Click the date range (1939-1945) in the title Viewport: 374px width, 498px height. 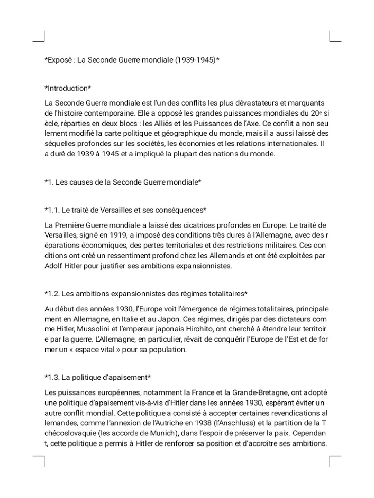pyautogui.click(x=194, y=60)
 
